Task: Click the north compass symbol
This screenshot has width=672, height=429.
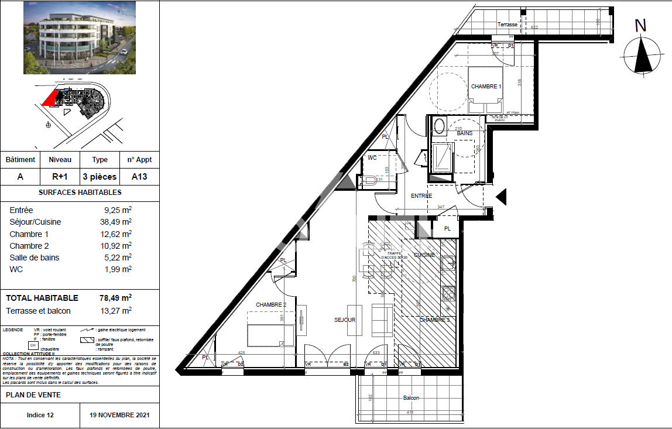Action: [x=643, y=54]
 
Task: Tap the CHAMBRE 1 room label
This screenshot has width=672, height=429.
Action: [x=486, y=87]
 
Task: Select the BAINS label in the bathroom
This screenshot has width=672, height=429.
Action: [x=465, y=133]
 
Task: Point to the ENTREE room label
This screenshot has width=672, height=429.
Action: [x=421, y=195]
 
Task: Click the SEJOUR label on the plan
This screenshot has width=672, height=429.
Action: [x=345, y=320]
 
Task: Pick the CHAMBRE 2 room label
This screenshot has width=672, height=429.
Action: [x=271, y=305]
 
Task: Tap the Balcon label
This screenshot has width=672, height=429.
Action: [x=411, y=398]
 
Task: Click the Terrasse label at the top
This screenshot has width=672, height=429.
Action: [x=508, y=25]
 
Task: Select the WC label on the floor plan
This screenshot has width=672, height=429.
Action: [x=372, y=158]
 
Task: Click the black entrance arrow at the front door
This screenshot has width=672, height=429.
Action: [x=501, y=197]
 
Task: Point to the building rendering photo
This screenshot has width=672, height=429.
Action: [x=79, y=37]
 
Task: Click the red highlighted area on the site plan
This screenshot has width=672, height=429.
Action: [x=50, y=99]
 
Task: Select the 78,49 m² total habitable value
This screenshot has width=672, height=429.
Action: [x=115, y=298]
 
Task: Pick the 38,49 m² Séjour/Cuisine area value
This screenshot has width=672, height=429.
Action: [x=115, y=222]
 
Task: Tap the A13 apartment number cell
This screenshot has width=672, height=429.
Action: [x=139, y=176]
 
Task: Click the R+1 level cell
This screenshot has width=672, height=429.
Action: [x=60, y=176]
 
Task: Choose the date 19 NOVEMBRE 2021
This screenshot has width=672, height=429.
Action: [x=119, y=416]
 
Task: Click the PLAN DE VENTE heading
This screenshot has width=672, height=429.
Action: [x=33, y=395]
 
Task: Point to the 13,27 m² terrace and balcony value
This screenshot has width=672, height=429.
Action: [x=115, y=311]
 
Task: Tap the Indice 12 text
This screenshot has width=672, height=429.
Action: [x=40, y=416]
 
